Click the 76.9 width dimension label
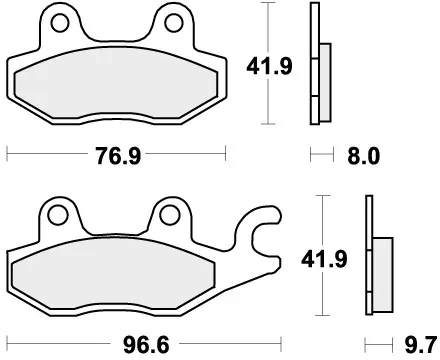tap(117, 156)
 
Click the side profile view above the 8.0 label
tap(318, 75)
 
